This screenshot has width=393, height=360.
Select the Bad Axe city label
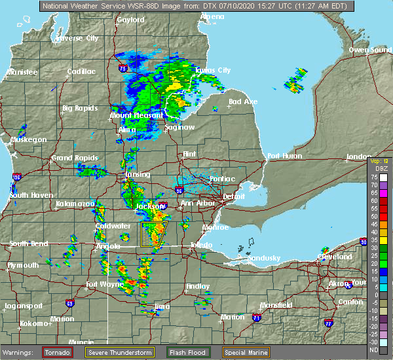click(x=242, y=101)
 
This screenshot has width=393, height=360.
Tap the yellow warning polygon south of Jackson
click(x=155, y=234)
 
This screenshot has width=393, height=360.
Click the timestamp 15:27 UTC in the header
click(x=256, y=5)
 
